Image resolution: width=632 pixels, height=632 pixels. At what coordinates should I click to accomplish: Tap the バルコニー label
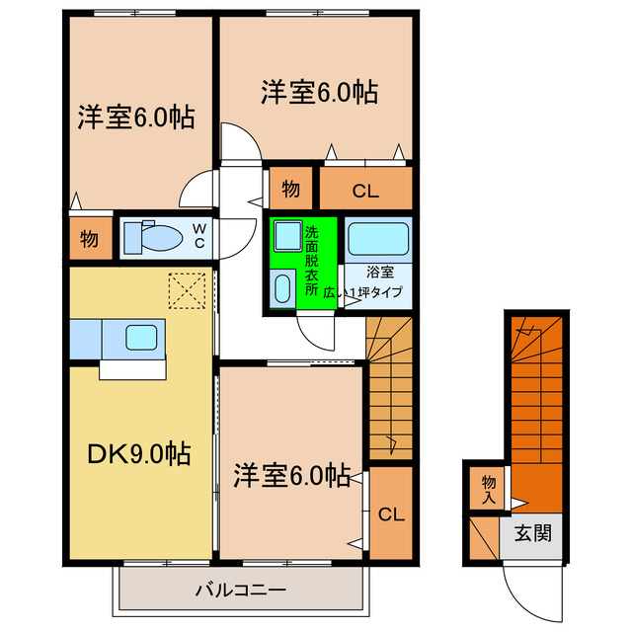240,591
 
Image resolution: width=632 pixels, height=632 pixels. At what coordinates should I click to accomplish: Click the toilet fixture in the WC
157,238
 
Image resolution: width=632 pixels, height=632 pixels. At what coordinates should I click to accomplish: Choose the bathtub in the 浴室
378,239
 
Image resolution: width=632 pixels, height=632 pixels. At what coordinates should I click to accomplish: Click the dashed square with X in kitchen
185,291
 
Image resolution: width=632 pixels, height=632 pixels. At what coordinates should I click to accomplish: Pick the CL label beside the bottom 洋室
390,513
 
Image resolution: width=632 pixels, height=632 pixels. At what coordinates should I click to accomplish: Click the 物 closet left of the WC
89,238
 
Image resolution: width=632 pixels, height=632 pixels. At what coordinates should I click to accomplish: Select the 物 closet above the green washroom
290,188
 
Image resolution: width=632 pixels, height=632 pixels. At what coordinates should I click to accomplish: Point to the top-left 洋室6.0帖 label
136,117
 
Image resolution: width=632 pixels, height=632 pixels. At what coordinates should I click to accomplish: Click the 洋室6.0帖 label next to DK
291,476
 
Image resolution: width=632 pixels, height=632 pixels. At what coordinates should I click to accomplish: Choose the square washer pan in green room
287,237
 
